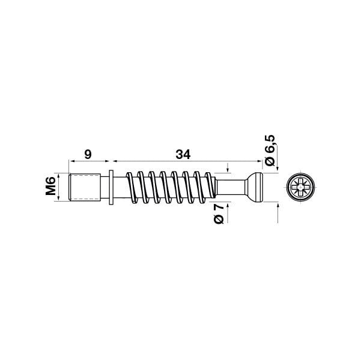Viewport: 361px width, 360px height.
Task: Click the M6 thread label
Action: coord(50,186)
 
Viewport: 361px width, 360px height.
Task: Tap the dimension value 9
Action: coord(88,154)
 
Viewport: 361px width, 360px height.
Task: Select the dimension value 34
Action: coord(183,155)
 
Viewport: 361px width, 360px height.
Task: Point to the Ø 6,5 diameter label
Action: coord(270,150)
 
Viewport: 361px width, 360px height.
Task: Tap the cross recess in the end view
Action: coord(301,187)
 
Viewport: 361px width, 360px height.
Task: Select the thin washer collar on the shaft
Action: coord(111,187)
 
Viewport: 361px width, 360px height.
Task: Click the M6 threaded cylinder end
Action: coord(85,187)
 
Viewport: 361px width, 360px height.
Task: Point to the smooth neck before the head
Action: coord(231,187)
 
